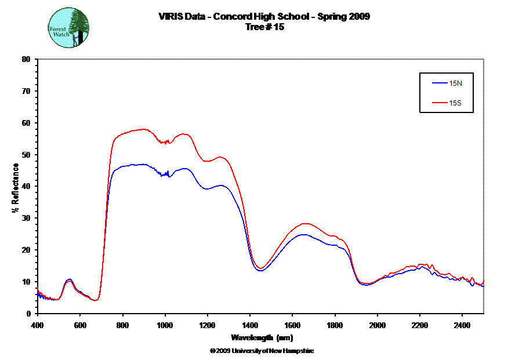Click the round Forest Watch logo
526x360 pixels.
coord(68,28)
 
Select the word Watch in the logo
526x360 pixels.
coord(60,34)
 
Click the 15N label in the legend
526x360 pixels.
coord(456,83)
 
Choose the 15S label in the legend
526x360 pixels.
coord(456,104)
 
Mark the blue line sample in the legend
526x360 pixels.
coord(438,83)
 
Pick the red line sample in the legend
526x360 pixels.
coord(438,104)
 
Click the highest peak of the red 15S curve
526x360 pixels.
coord(143,129)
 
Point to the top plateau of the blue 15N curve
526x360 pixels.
coord(139,165)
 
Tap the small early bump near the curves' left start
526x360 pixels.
coord(69,280)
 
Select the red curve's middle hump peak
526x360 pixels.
coord(306,224)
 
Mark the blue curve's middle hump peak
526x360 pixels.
coord(303,235)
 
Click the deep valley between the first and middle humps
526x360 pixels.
coord(260,269)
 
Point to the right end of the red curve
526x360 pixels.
coord(483,281)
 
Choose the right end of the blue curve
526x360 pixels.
coord(483,286)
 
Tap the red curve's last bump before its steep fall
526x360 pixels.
coord(220,157)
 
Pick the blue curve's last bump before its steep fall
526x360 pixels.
coord(220,186)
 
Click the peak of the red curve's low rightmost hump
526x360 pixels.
coord(424,264)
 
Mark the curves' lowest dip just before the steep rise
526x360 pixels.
coord(96,300)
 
